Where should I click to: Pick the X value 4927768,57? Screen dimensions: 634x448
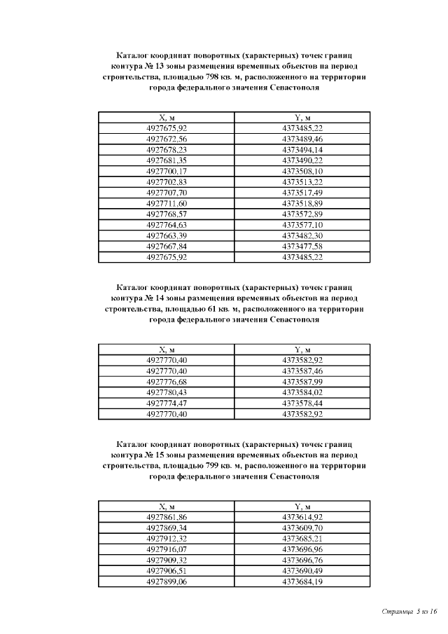point(167,214)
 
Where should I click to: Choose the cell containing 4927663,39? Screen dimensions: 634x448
point(167,235)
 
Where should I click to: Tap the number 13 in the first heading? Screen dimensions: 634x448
point(159,66)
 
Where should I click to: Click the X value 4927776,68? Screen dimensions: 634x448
point(167,381)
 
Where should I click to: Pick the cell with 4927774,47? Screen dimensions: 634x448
point(167,403)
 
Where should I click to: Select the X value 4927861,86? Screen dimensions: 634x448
point(167,517)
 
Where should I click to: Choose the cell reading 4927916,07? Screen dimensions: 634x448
point(167,549)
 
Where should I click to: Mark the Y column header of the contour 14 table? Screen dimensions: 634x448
point(302,349)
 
